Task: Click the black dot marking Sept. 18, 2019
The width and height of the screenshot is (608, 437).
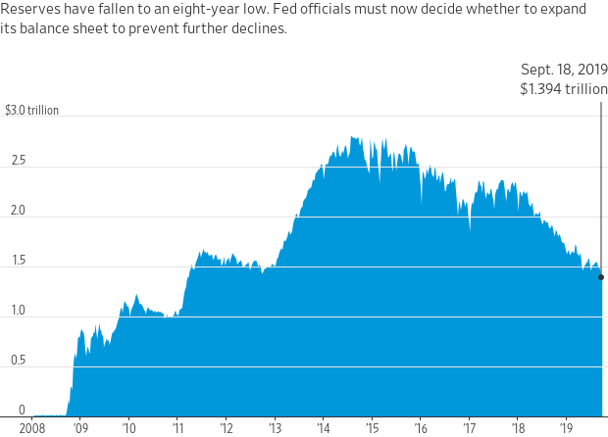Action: click(601, 277)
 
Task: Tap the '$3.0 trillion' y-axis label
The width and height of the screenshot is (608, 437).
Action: click(31, 111)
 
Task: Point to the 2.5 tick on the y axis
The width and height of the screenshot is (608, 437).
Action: click(19, 161)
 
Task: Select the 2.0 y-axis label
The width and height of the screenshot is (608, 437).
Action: click(19, 211)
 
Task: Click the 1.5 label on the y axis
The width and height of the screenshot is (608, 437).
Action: click(19, 261)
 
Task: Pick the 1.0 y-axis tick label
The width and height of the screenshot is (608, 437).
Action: click(19, 311)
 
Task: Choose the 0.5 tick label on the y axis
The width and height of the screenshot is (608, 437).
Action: click(19, 361)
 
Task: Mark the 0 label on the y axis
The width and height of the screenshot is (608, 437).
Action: click(22, 410)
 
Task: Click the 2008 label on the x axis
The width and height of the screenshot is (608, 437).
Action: click(32, 428)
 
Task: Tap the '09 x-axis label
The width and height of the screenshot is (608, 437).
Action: click(80, 428)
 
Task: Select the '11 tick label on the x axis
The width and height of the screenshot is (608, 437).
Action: click(177, 428)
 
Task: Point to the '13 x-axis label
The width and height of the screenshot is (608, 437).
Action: click(275, 428)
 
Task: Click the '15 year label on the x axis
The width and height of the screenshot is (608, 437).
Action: click(373, 428)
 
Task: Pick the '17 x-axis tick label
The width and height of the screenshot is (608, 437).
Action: click(469, 428)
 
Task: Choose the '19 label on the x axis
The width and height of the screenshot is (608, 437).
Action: click(567, 428)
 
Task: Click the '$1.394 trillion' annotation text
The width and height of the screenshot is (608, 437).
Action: click(564, 89)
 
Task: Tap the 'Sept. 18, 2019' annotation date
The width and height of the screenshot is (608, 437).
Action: click(564, 70)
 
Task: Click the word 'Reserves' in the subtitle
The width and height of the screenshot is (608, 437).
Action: click(30, 9)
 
